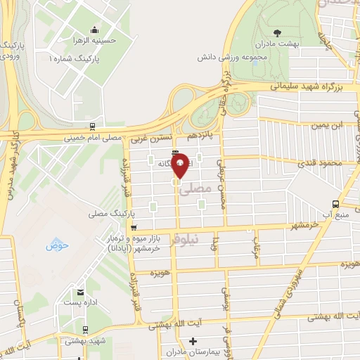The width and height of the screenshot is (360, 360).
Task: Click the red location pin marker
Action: (x=181, y=166)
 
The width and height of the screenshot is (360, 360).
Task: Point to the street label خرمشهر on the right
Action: (x=307, y=225)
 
